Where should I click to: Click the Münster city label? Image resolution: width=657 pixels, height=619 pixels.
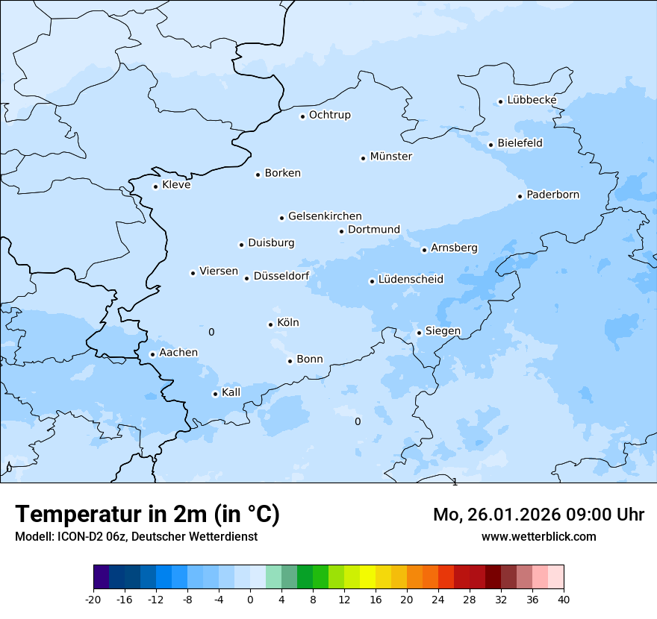pyautogui.click(x=390, y=157)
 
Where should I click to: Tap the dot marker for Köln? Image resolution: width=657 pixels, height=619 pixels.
pyautogui.click(x=270, y=324)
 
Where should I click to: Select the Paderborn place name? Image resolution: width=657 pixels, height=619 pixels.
pyautogui.click(x=552, y=195)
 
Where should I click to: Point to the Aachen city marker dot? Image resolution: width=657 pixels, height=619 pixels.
pyautogui.click(x=152, y=354)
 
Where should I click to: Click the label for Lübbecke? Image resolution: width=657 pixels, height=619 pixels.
pyautogui.click(x=532, y=100)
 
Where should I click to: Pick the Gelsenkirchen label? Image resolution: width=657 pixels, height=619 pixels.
pyautogui.click(x=325, y=216)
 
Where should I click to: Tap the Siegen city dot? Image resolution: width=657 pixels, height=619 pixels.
pyautogui.click(x=419, y=333)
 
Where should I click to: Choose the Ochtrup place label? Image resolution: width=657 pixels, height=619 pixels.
pyautogui.click(x=329, y=115)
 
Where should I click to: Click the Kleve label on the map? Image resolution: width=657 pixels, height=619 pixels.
pyautogui.click(x=176, y=185)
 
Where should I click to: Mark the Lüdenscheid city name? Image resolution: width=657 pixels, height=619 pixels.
pyautogui.click(x=411, y=280)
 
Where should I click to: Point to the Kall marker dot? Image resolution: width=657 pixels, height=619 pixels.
pyautogui.click(x=215, y=394)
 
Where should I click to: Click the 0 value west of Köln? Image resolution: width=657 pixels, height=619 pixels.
pyautogui.click(x=211, y=332)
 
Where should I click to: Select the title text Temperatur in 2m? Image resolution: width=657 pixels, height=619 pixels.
pyautogui.click(x=147, y=514)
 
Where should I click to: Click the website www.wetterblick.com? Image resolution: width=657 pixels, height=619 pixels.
pyautogui.click(x=538, y=536)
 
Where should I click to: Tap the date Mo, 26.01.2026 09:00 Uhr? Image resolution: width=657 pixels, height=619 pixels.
pyautogui.click(x=538, y=515)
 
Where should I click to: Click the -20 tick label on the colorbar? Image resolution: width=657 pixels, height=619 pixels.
pyautogui.click(x=93, y=599)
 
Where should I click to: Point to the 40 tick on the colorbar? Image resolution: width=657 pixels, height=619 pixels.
pyautogui.click(x=564, y=599)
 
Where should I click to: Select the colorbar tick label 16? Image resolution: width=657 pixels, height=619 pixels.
pyautogui.click(x=376, y=599)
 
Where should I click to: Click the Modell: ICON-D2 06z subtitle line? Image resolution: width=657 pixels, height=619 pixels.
pyautogui.click(x=136, y=536)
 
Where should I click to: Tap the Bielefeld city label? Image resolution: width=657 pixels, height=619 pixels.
pyautogui.click(x=520, y=142)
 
